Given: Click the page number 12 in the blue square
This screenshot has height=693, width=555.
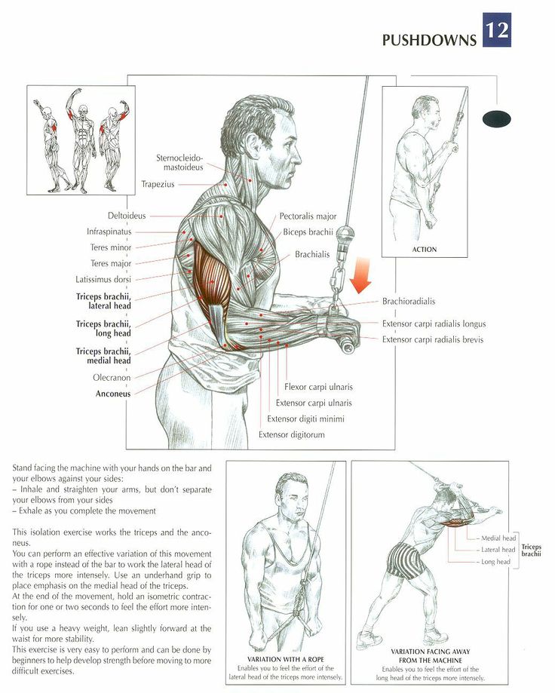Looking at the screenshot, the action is [x=497, y=30].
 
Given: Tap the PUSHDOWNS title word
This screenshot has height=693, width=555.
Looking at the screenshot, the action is [x=429, y=40].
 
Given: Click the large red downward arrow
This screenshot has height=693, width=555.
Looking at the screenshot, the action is [x=361, y=275].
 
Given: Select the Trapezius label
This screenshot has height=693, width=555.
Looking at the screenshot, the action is [x=158, y=184].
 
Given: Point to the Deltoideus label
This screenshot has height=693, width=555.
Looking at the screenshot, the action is [x=127, y=216].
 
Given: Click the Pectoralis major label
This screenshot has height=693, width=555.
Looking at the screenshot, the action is [x=308, y=216].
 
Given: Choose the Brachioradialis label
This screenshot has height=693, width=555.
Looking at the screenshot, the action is [x=408, y=302].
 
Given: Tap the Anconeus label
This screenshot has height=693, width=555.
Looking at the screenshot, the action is [x=113, y=394].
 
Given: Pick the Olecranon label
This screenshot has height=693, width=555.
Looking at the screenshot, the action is [x=112, y=378].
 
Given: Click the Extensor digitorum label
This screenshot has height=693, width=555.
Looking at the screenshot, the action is [x=292, y=434].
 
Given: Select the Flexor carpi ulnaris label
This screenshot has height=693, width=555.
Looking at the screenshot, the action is [x=318, y=387].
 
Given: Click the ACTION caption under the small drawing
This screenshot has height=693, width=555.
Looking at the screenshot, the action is [x=425, y=250].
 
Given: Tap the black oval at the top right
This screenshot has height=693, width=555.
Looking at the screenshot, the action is [x=497, y=118].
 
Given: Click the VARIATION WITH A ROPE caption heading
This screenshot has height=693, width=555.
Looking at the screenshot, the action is [x=286, y=659].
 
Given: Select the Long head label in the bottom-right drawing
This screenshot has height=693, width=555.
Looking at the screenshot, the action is [x=495, y=562].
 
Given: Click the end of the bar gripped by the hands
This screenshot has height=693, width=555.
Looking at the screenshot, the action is [x=347, y=345].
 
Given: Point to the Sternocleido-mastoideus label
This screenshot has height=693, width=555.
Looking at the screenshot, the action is [x=179, y=162].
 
